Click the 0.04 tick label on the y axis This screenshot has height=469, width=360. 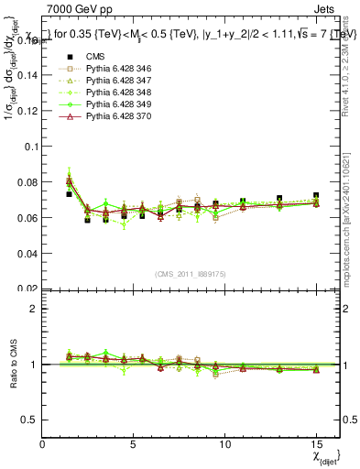[27, 253]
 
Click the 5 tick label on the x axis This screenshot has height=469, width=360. [134, 444]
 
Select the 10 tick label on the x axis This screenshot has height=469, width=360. [224, 444]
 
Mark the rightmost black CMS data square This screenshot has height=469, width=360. [316, 196]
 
